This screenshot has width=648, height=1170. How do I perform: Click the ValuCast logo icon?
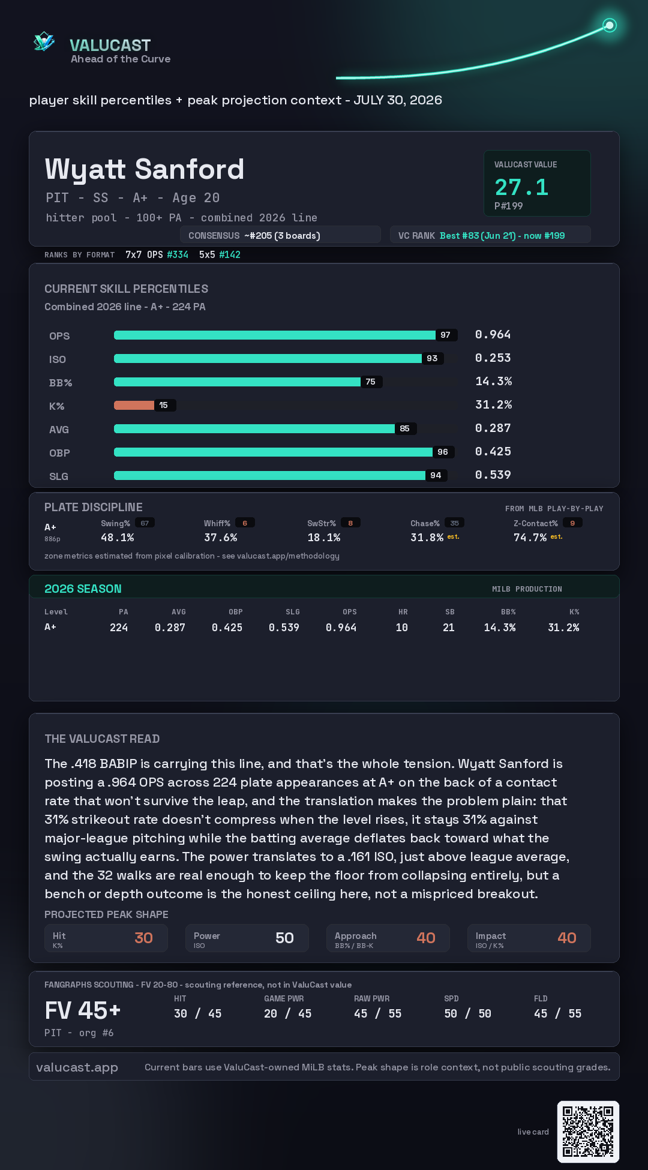coord(44,41)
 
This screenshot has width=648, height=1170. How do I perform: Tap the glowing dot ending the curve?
coord(610,25)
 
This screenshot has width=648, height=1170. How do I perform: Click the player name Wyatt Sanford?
coord(145,169)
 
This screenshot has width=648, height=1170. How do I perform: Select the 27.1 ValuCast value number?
coord(521,187)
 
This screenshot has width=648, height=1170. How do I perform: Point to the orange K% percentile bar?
coord(134,405)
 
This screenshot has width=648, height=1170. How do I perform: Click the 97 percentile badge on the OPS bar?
coord(445,335)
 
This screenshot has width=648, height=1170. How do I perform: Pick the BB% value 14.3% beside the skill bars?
coord(494,381)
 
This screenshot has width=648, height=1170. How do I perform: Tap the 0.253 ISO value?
coord(493,358)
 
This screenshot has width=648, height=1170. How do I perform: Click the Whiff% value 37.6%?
coord(221,538)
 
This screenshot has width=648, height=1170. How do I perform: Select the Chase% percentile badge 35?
coord(454,523)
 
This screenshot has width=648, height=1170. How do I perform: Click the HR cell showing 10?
coord(402,628)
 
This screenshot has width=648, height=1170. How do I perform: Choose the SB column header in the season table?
coord(450,612)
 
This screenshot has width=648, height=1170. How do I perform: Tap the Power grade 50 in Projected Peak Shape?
coord(284,938)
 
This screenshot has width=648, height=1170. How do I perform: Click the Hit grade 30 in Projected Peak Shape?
coord(143,938)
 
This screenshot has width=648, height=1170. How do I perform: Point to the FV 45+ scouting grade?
coord(83,1010)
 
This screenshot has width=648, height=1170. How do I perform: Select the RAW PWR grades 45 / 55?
coord(378,1013)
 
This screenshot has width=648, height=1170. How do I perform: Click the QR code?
coord(588,1132)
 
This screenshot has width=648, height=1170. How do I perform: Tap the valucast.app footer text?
coord(77,1067)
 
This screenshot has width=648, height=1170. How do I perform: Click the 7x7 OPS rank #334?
coord(178,254)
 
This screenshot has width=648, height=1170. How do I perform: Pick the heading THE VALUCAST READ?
coord(102,739)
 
